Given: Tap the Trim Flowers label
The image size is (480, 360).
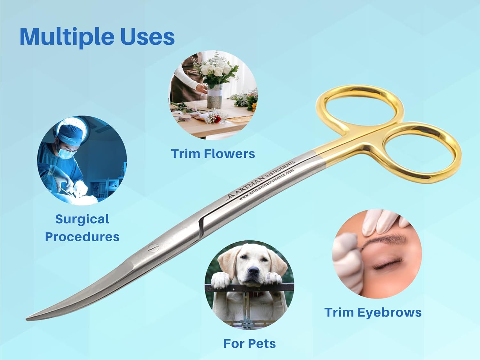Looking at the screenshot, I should point(213,154).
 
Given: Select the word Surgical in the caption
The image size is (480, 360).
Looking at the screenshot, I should point(82,219).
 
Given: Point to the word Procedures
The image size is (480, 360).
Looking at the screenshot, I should point(82,237).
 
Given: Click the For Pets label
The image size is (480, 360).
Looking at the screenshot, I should point(250,343).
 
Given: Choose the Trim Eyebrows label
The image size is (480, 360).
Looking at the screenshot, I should point(373,312).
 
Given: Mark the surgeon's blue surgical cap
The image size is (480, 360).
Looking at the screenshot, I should point(69,134).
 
